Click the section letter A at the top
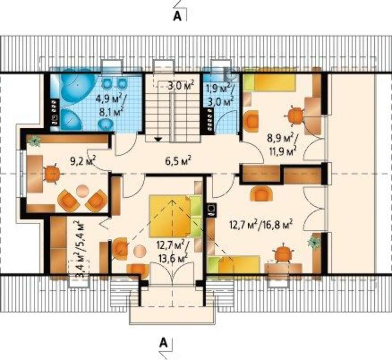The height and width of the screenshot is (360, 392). point(177,16)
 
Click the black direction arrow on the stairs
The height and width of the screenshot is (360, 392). point(158,139)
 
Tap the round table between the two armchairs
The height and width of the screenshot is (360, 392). point(82,191)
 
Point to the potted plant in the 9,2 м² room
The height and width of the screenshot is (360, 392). point(34,141)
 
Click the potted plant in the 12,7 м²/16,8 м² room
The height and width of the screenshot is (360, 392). point(314,242)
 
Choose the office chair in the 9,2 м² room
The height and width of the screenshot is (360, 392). point(52,173)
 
